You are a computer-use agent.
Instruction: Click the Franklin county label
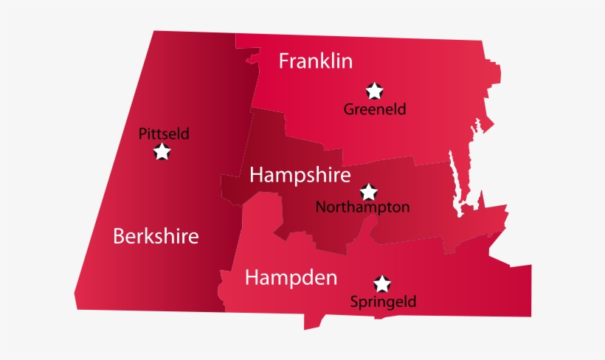[316, 60]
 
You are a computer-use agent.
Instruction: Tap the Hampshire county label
[300, 175]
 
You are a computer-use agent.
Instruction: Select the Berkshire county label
[156, 236]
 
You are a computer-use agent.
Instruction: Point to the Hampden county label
[291, 277]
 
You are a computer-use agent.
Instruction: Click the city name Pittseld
[164, 134]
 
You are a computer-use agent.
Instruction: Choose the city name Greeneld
[375, 109]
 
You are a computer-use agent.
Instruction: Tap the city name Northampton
[362, 207]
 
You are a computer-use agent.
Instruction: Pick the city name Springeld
[383, 301]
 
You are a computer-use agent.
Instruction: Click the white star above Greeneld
[375, 91]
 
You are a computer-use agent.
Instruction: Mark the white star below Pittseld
[162, 152]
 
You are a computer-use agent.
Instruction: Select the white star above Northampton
[368, 192]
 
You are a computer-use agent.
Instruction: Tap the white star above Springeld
[381, 283]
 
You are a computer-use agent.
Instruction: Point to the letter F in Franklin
[284, 60]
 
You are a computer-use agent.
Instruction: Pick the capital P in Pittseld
[142, 134]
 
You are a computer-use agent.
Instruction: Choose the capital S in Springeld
[354, 301]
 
